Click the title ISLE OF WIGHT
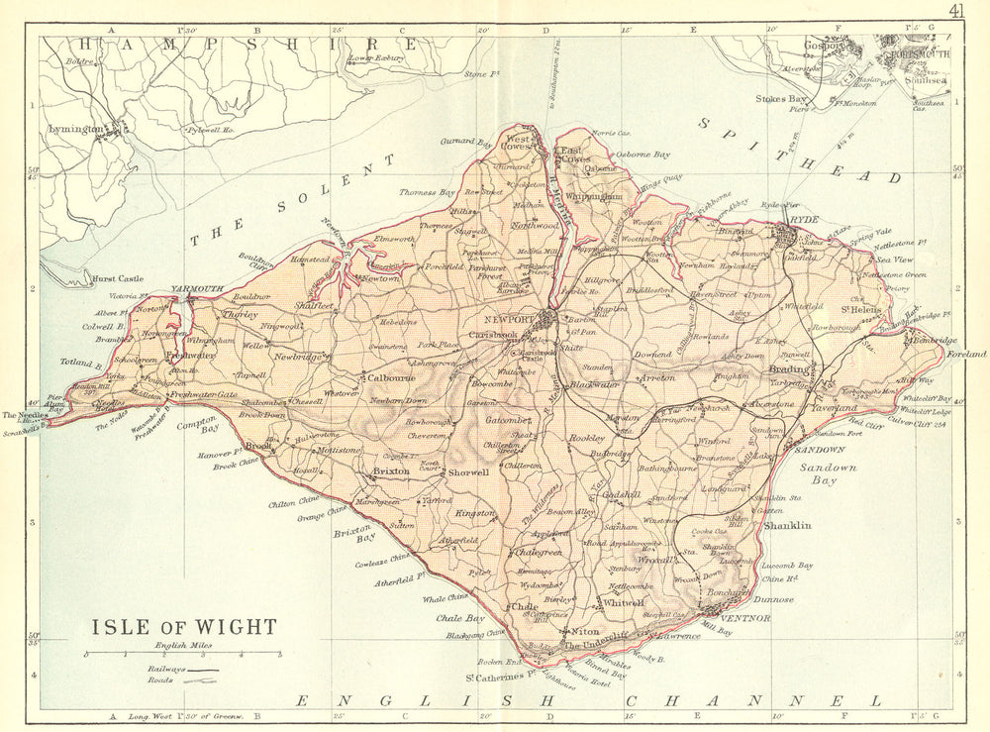pos(184,627)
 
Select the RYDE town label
pos(798,222)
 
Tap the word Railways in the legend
pos(160,670)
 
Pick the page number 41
pos(956,12)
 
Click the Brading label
pos(785,366)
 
